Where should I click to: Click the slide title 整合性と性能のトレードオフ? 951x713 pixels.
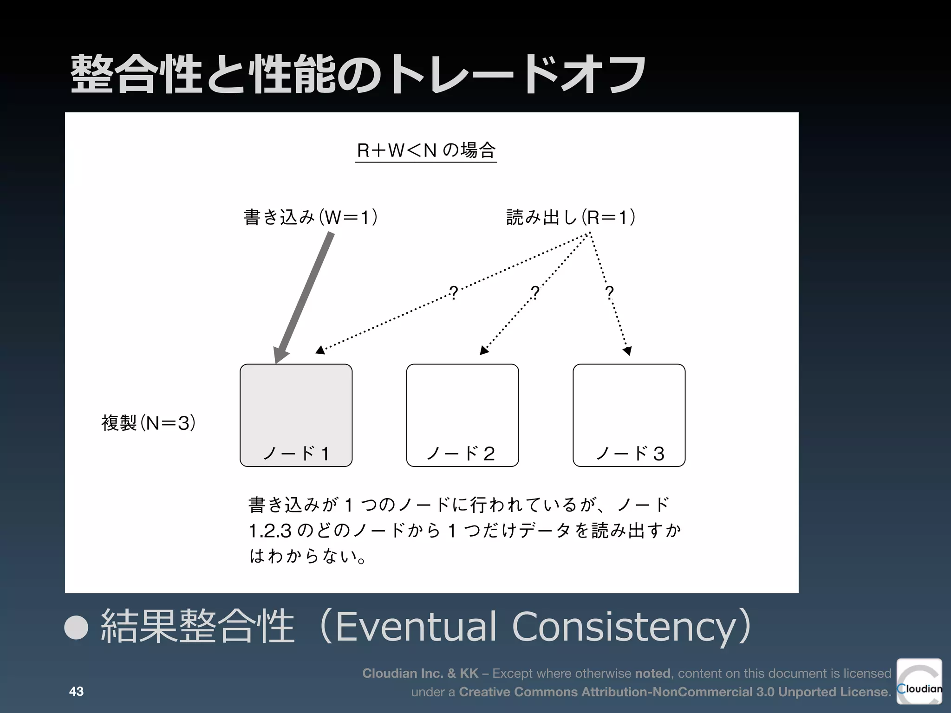pyautogui.click(x=358, y=74)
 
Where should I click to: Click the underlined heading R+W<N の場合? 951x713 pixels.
pyautogui.click(x=426, y=150)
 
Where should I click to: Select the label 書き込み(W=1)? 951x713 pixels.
pyautogui.click(x=310, y=217)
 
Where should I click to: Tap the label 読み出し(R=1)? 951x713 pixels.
pyautogui.click(x=571, y=217)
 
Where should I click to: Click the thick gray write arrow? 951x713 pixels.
pyautogui.click(x=305, y=297)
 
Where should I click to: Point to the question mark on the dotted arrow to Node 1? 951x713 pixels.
pyautogui.click(x=454, y=292)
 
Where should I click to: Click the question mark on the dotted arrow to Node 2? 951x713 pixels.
pyautogui.click(x=535, y=292)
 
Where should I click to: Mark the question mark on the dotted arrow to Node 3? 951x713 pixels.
pyautogui.click(x=609, y=292)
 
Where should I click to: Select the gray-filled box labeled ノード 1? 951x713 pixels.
pyautogui.click(x=296, y=408)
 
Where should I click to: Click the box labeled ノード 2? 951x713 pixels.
pyautogui.click(x=462, y=408)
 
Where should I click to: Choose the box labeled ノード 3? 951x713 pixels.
pyautogui.click(x=629, y=408)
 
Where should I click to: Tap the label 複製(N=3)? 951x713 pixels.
pyautogui.click(x=148, y=423)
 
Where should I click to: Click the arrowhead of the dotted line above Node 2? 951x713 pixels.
pyautogui.click(x=484, y=350)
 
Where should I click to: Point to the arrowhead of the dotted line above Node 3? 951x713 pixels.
pyautogui.click(x=627, y=351)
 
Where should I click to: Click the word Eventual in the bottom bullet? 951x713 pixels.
pyautogui.click(x=416, y=627)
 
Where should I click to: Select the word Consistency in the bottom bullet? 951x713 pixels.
pyautogui.click(x=625, y=627)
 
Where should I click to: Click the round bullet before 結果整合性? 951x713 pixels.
pyautogui.click(x=76, y=628)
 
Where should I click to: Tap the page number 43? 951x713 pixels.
pyautogui.click(x=76, y=692)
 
